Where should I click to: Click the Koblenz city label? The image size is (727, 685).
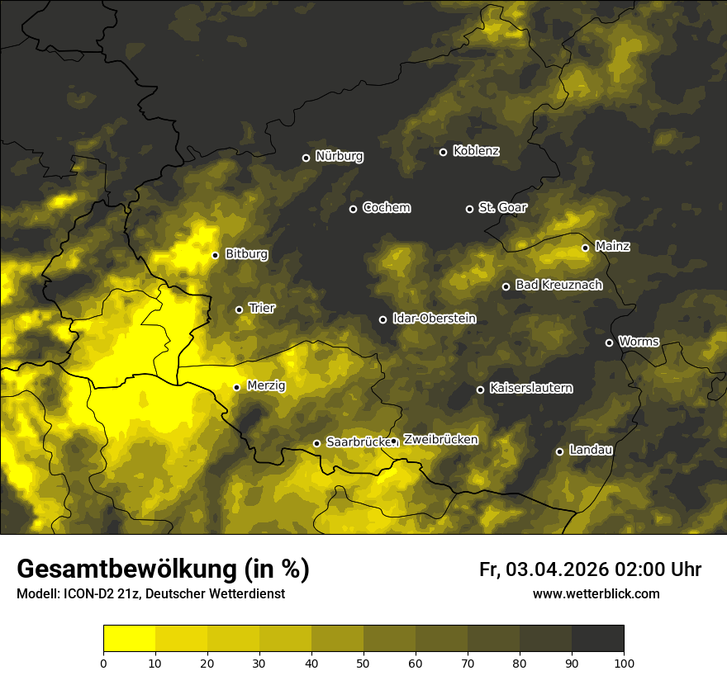coord(476,151)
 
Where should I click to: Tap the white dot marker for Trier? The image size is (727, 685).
coord(240,309)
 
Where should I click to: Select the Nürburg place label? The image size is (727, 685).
coord(339,156)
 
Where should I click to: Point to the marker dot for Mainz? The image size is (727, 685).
coord(585,248)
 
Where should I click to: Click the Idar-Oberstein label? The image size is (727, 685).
coord(434,319)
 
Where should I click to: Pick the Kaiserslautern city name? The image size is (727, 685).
coord(530,388)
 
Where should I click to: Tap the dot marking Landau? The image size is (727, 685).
coord(559,451)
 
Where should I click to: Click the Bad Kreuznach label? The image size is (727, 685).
coord(558,285)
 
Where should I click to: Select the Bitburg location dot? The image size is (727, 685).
coord(215,255)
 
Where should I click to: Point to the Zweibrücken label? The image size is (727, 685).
coord(440,440)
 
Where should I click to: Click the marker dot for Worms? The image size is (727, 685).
coord(609,342)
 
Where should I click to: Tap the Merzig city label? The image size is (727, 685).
coord(265,385)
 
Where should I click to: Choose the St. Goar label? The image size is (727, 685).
coord(502,208)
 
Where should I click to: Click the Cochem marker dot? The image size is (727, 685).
coord(353,209)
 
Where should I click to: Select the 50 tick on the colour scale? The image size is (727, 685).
coord(363,662)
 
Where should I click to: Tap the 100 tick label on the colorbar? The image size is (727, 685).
coord(623,662)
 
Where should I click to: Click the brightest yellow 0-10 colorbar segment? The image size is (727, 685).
coord(129,639)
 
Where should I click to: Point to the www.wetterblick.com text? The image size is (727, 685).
coord(596,593)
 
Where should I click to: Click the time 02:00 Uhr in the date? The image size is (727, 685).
coord(658,569)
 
